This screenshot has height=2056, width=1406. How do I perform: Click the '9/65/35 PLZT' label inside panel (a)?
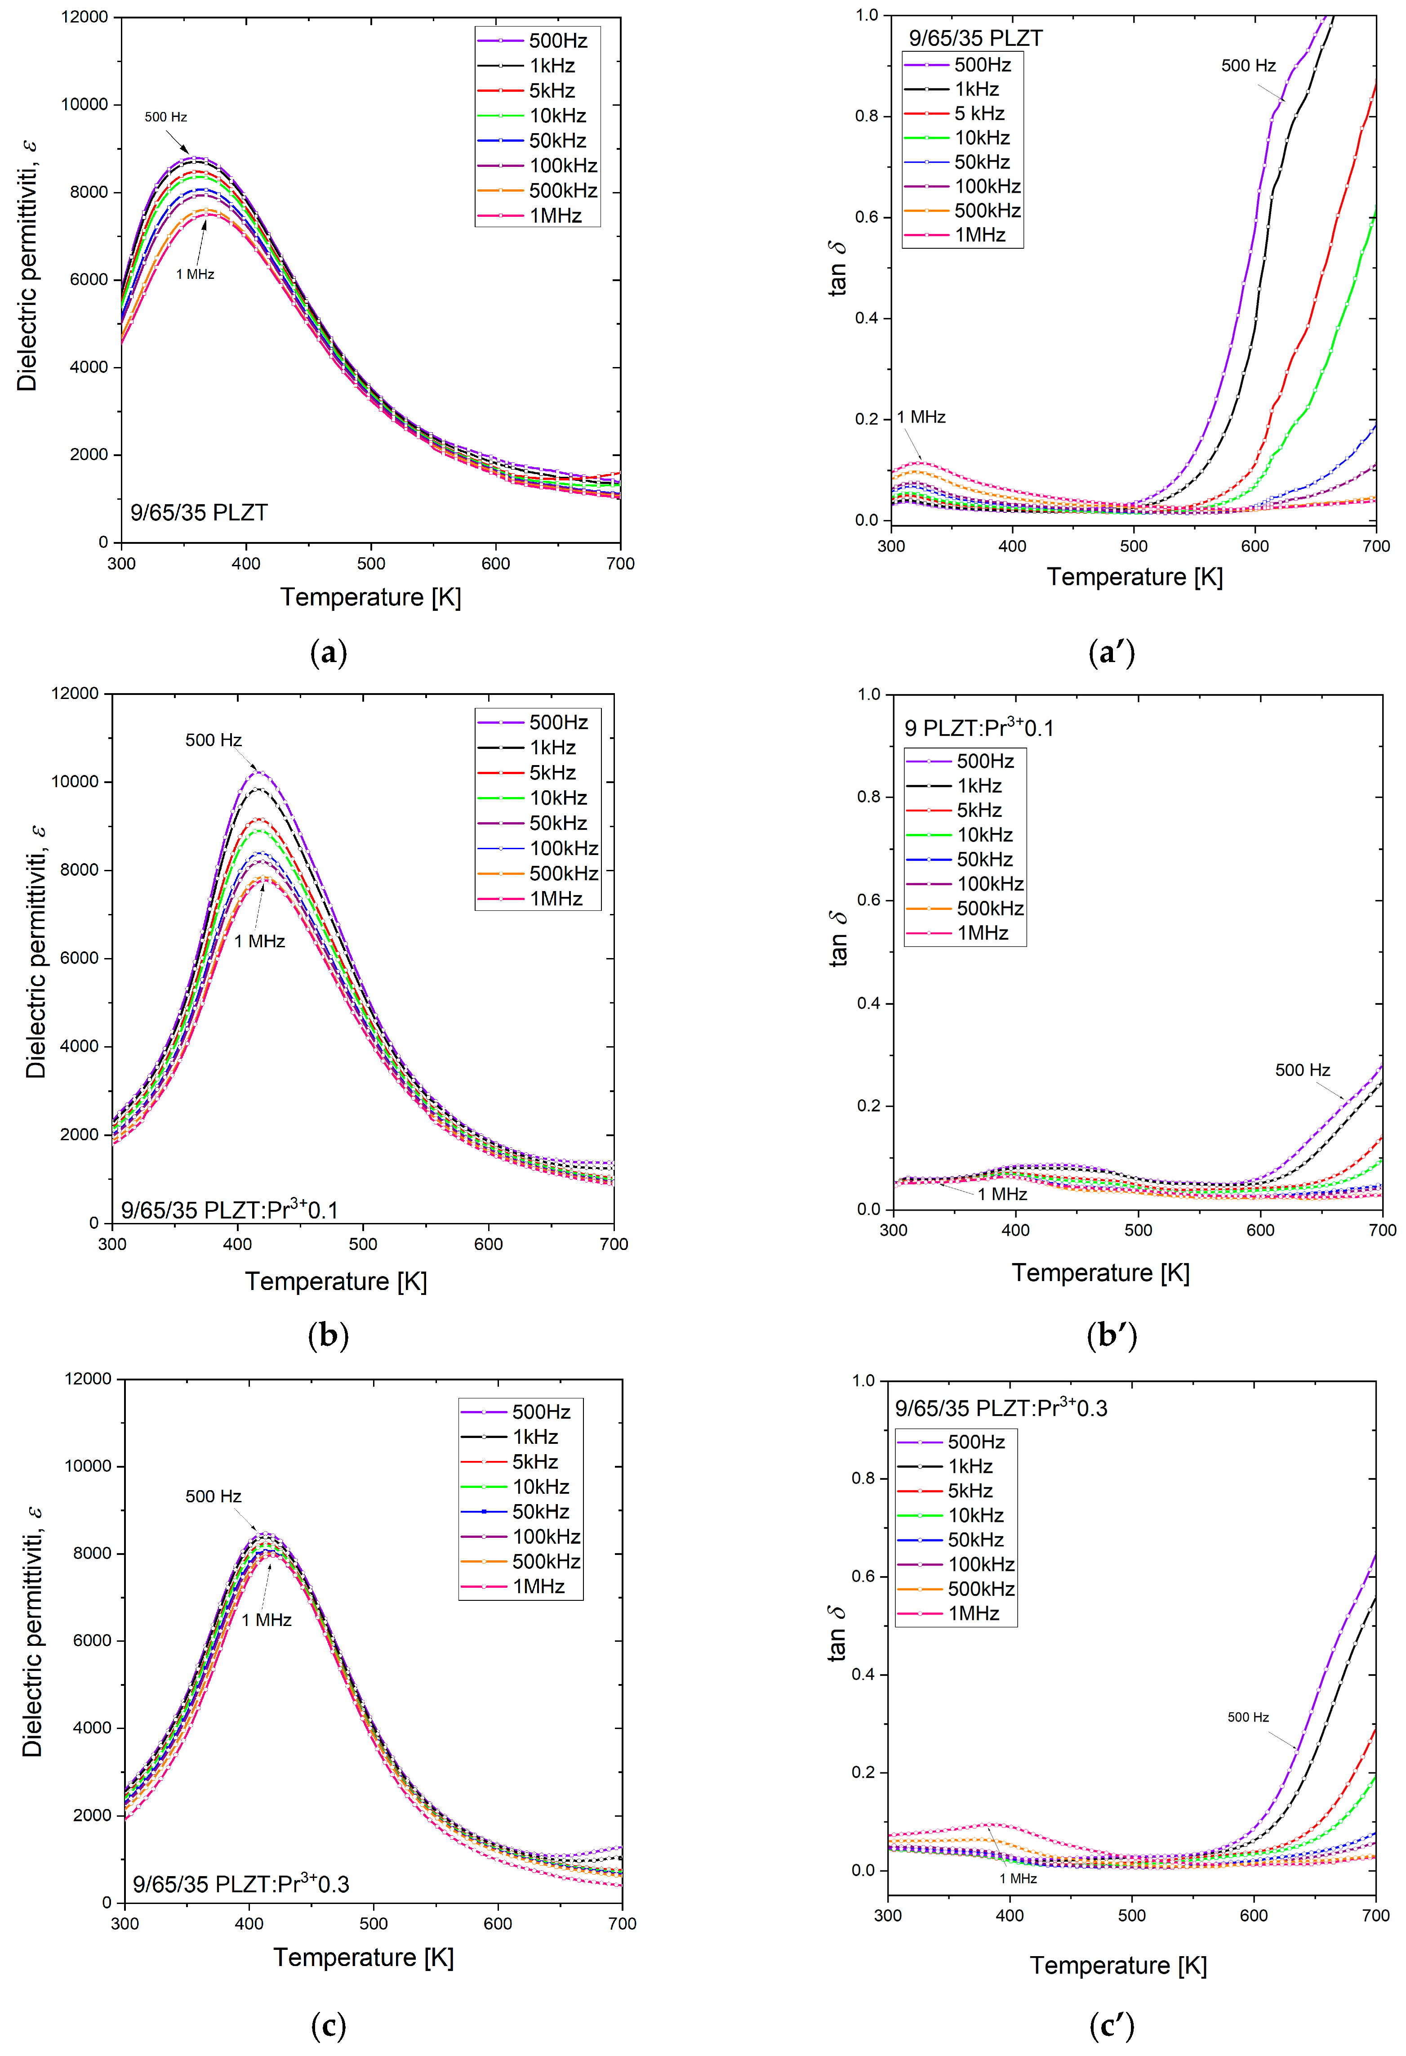(199, 513)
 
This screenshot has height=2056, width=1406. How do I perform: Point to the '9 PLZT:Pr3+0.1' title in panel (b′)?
(978, 728)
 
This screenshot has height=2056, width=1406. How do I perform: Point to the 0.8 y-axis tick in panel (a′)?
(867, 116)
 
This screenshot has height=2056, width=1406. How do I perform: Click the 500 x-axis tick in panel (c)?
(373, 1923)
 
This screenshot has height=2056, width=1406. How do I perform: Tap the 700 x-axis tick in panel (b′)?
(1382, 1231)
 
